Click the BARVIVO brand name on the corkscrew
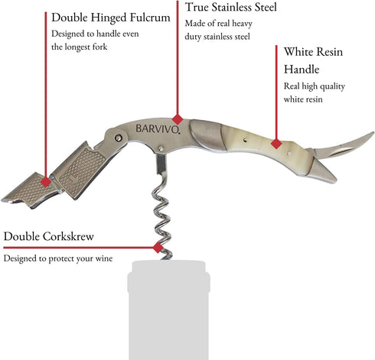point(158,129)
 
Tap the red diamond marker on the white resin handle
point(276,144)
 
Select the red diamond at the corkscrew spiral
point(158,248)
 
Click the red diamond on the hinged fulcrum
point(46,182)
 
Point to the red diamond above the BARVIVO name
point(178,119)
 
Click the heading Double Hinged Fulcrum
point(111,18)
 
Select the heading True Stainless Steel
point(231,7)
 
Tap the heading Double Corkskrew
point(48,236)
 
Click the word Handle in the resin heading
point(302,70)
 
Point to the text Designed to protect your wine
point(58,258)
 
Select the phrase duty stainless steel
point(217,37)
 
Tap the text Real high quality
point(315,86)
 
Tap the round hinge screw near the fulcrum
point(118,138)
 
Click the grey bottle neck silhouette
point(168,310)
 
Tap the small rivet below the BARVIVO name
point(161,148)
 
